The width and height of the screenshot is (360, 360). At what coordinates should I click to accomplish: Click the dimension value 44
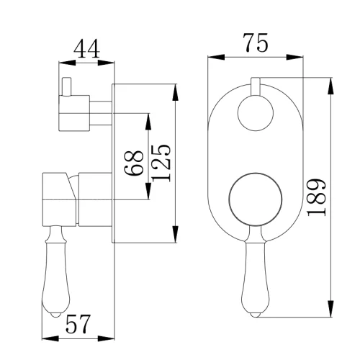point(86,49)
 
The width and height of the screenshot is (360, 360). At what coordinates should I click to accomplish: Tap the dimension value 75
point(256,43)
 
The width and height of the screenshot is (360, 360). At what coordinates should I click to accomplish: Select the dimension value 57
point(78,324)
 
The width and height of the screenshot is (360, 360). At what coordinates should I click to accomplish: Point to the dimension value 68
point(134,163)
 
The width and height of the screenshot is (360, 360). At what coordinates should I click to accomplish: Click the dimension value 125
point(161,163)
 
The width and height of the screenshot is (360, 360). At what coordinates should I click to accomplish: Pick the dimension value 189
point(317,197)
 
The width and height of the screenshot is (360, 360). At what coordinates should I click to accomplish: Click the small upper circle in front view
point(256,113)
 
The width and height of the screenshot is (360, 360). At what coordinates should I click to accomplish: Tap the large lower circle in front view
point(256,199)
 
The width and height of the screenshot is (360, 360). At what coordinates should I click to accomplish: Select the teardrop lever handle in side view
point(56,271)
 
